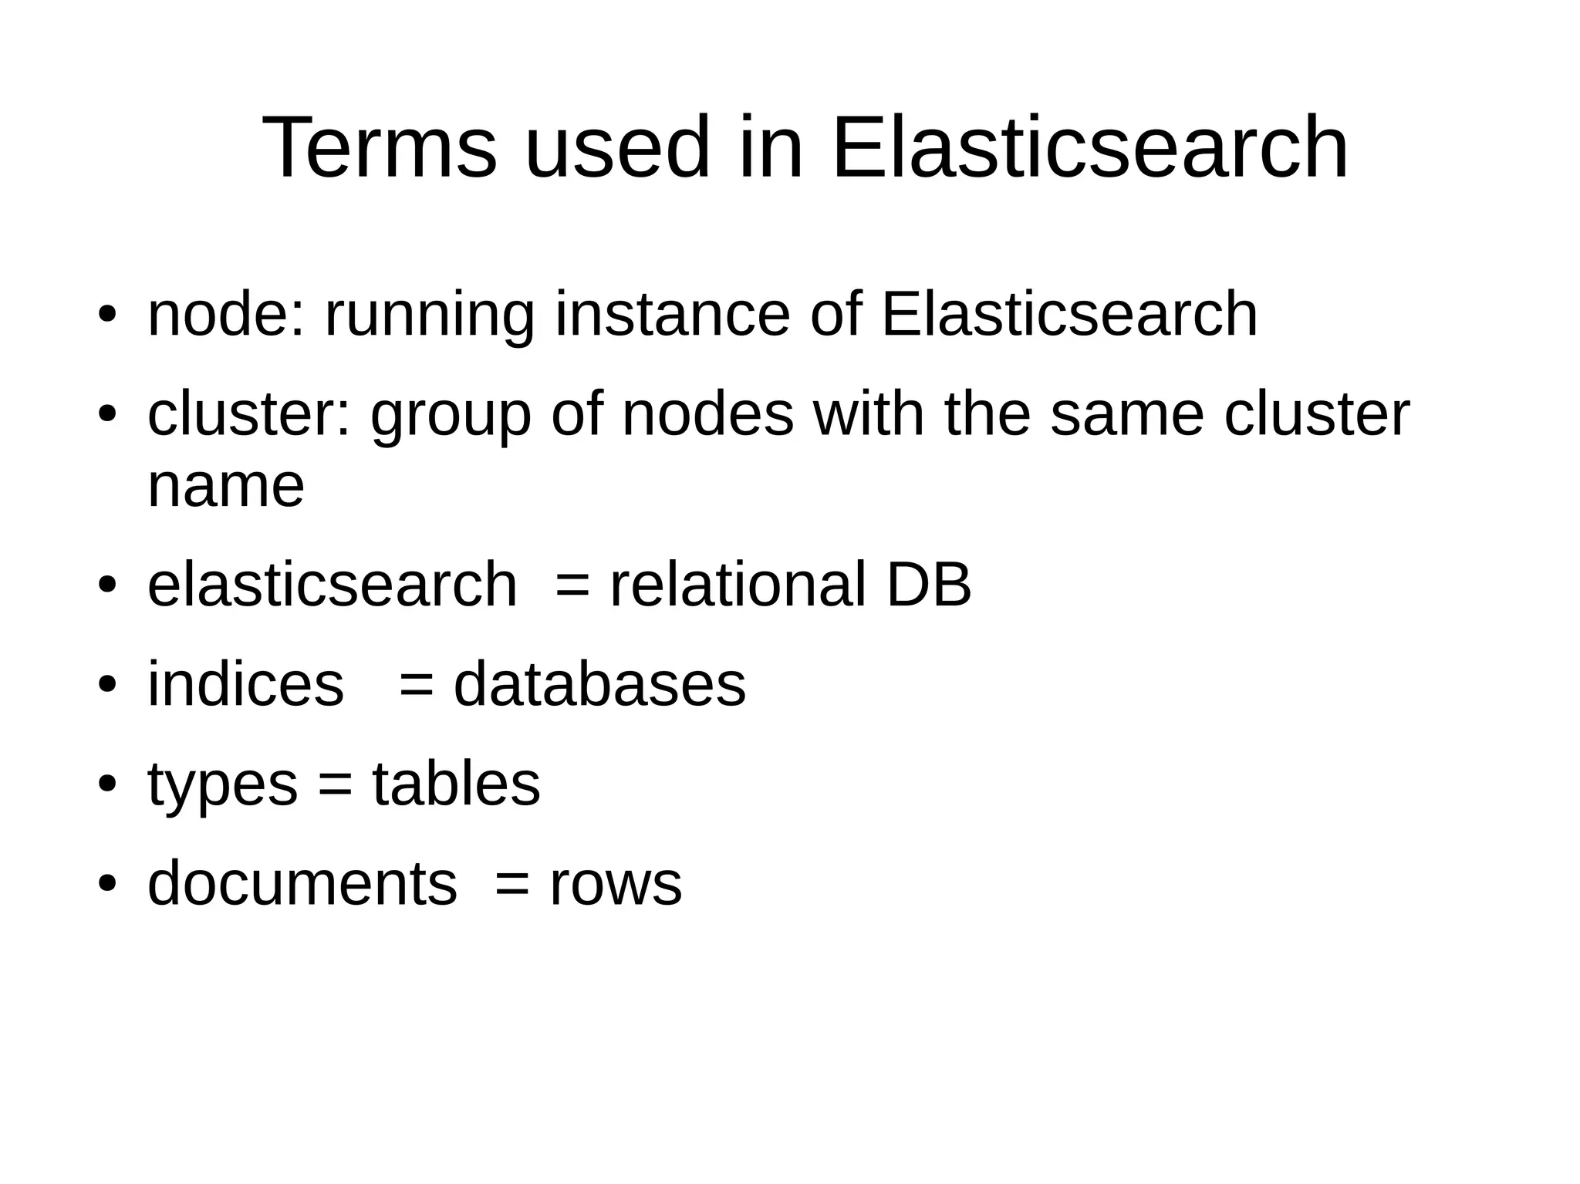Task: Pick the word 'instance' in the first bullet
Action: click(x=672, y=314)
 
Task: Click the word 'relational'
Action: click(x=738, y=585)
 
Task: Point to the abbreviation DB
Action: click(x=928, y=585)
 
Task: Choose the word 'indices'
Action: click(x=245, y=684)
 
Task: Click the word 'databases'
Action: click(x=599, y=684)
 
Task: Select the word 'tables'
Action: click(x=456, y=784)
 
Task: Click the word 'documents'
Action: click(x=302, y=883)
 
